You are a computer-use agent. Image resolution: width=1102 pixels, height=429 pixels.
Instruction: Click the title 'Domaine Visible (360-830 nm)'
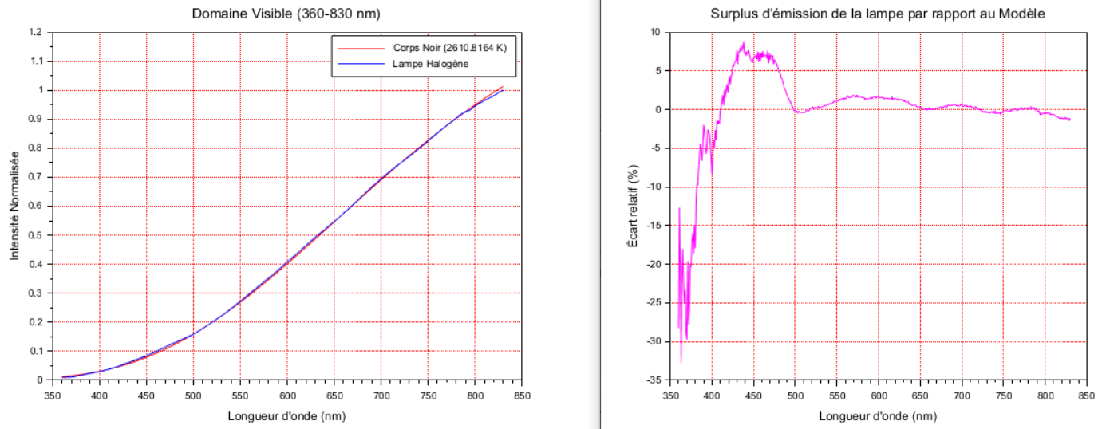pos(286,14)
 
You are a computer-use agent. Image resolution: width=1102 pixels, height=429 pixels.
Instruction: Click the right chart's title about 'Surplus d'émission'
pos(878,14)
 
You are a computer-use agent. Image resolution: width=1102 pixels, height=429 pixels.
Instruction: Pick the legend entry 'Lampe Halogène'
pos(431,64)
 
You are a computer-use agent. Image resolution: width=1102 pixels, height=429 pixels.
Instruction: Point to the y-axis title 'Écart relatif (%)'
pos(632,207)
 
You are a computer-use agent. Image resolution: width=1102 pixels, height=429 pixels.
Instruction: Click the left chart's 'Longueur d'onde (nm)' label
pos(286,415)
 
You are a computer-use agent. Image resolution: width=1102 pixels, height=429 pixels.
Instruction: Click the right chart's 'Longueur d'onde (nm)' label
pos(878,415)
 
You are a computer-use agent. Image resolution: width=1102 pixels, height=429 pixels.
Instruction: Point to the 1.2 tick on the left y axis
pos(35,33)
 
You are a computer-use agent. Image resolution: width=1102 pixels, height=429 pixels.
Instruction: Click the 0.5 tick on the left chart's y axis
pos(35,235)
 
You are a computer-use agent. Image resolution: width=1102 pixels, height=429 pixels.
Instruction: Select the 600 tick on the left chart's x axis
pos(287,394)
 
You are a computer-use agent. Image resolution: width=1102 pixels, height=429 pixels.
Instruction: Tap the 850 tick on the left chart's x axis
pos(523,394)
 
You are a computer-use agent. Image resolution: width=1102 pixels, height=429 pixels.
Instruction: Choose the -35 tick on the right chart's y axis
pos(654,380)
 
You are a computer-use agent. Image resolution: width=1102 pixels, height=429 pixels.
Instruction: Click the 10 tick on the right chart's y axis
pos(656,33)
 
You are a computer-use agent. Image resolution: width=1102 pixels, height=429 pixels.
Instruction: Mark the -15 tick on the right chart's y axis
pos(654,226)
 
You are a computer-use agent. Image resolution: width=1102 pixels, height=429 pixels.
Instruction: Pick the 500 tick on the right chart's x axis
pos(795,394)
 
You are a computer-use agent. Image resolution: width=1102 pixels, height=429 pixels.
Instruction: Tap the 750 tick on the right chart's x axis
pos(1003,394)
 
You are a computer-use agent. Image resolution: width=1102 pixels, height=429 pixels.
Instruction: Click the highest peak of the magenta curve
pos(743,43)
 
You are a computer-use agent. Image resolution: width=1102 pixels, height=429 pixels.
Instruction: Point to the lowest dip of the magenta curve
pos(681,363)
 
